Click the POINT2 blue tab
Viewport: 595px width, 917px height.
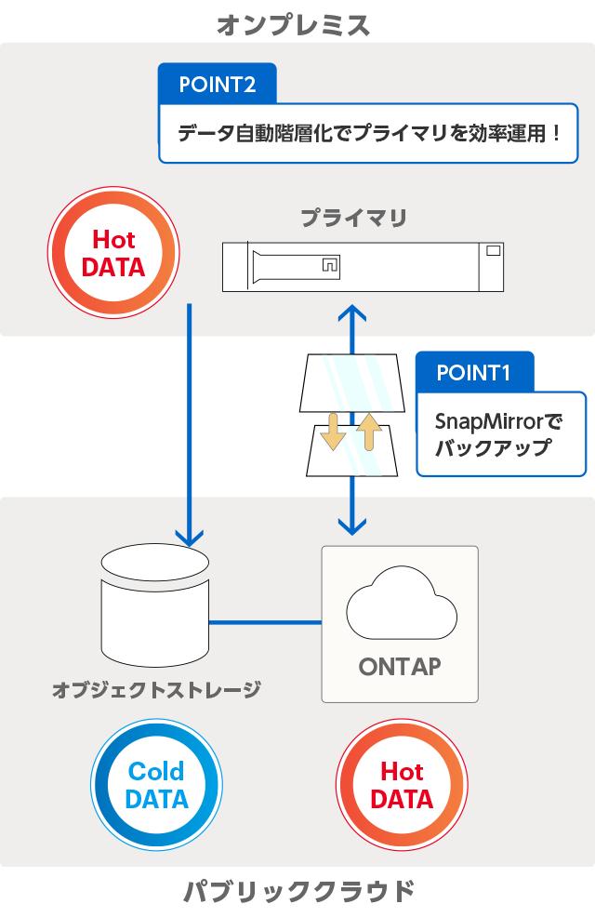tap(218, 85)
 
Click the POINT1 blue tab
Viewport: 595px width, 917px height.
tap(474, 373)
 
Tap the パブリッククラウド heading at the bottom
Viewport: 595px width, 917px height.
tap(298, 892)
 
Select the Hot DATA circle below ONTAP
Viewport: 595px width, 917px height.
tap(402, 785)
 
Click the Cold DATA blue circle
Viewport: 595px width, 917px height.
tap(156, 785)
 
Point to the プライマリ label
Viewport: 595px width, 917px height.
tap(353, 219)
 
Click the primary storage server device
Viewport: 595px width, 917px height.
tap(363, 266)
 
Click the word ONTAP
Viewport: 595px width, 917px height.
tap(400, 667)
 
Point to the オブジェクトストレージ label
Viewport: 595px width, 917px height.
tap(156, 690)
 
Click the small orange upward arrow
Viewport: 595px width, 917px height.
tap(370, 432)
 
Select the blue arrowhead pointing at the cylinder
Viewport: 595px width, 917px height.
tap(190, 536)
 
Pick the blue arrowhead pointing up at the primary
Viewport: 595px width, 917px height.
tap(351, 312)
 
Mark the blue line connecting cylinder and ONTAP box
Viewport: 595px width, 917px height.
tap(265, 621)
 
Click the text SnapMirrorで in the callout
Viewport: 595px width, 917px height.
tap(499, 421)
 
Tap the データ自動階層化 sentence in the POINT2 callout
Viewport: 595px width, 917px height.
tap(369, 133)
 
